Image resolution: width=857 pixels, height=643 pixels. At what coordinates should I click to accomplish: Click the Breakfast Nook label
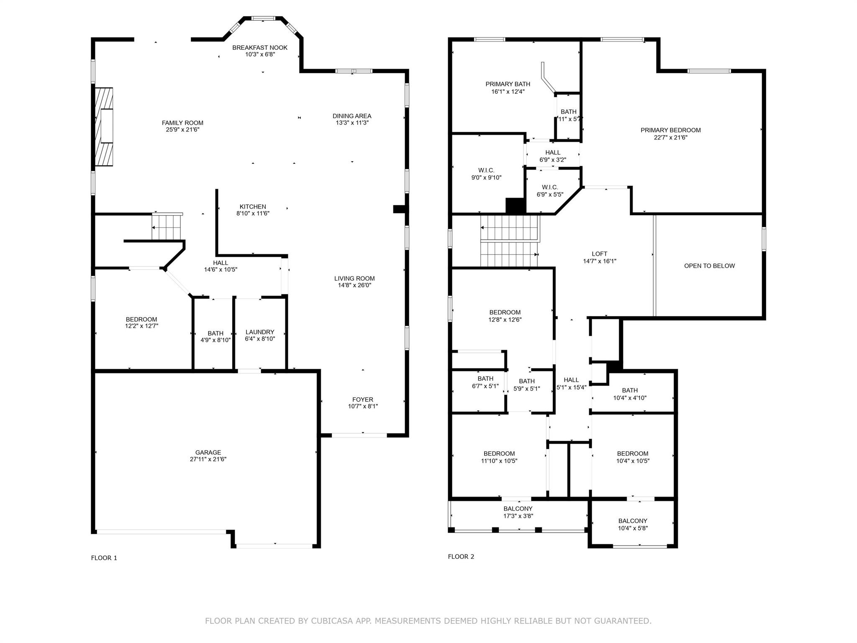260,48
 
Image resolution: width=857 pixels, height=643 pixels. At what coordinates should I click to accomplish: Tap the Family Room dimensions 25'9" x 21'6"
182,130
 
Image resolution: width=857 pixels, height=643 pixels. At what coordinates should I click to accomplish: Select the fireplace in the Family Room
103,127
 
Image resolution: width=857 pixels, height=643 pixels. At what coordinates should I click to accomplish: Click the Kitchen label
253,207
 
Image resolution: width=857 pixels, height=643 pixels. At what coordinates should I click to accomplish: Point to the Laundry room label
260,332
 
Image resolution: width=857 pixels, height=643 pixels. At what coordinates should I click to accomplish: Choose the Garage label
208,453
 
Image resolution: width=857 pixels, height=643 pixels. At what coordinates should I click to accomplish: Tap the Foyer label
363,400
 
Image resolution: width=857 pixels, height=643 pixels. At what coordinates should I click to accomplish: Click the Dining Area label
352,116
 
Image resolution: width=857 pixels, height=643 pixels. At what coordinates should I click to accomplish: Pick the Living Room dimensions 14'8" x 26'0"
354,285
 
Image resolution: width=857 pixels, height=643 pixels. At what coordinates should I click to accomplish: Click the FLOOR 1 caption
104,558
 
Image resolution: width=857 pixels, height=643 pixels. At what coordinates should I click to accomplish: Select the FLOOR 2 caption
461,557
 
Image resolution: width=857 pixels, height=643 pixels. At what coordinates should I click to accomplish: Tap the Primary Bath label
508,84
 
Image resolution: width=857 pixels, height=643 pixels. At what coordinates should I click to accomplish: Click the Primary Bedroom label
671,130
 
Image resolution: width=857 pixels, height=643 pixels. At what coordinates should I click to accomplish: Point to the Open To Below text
710,266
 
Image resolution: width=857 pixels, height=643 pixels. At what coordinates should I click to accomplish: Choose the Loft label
600,254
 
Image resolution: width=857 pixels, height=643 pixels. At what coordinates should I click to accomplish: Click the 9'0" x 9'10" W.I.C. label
486,174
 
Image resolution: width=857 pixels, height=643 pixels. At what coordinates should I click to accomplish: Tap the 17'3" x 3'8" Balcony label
518,512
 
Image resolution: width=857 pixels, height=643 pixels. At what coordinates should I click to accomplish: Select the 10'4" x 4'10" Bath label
630,394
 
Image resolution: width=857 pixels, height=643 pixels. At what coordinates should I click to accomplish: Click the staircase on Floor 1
167,226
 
